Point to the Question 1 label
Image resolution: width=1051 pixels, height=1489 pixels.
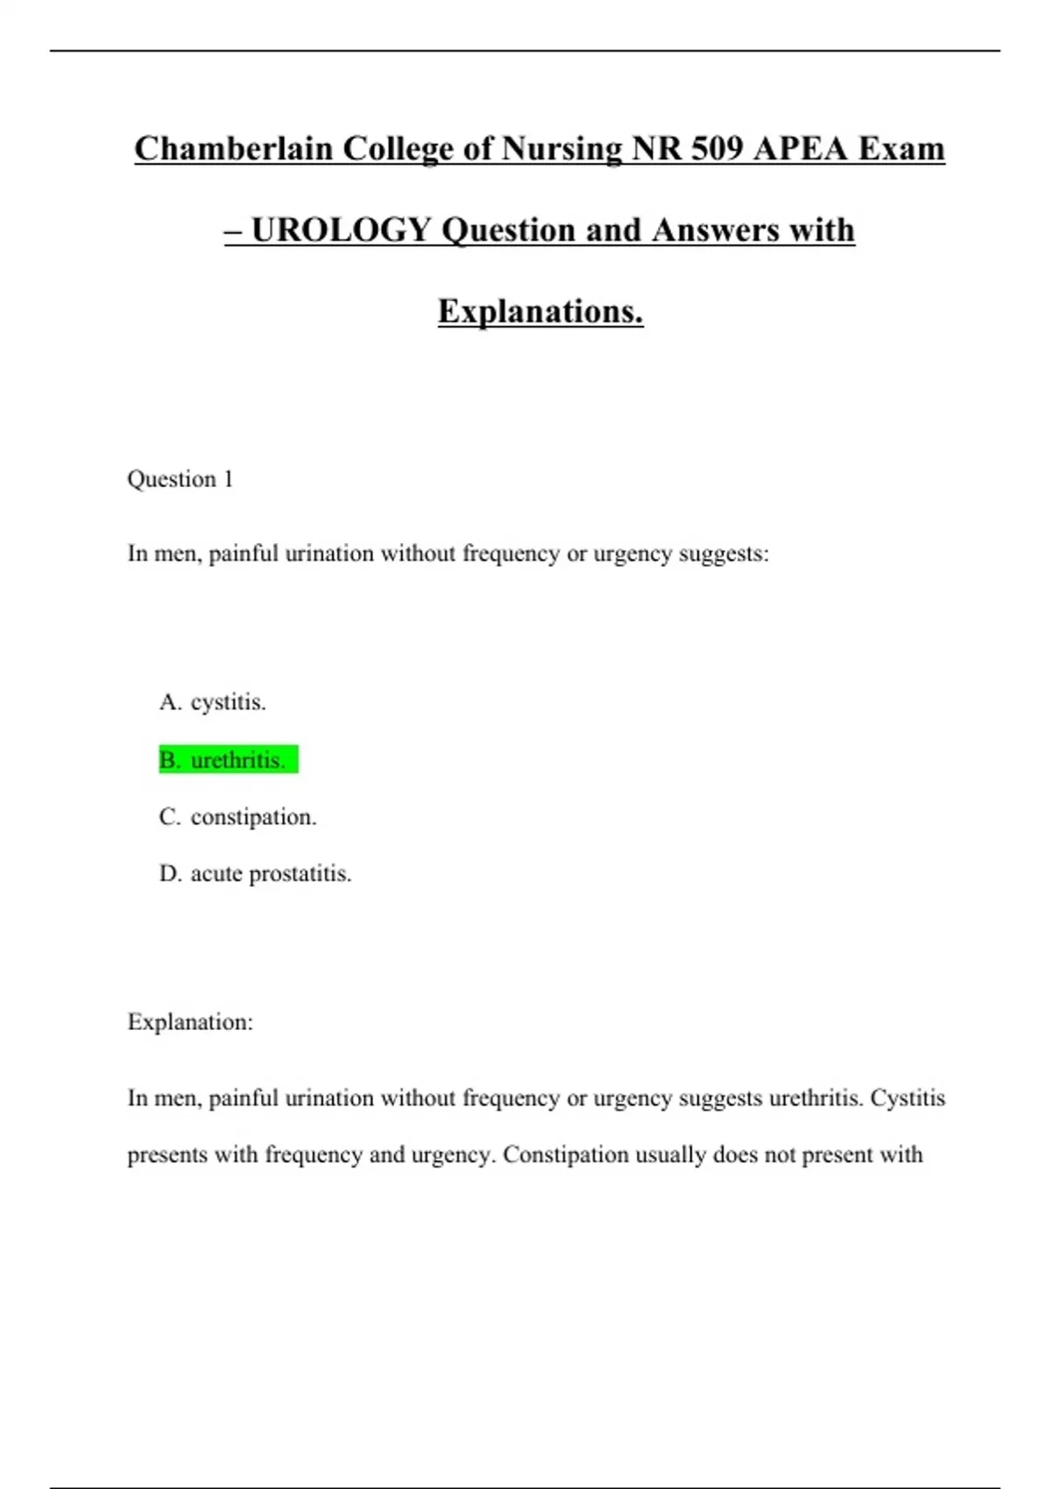click(x=180, y=479)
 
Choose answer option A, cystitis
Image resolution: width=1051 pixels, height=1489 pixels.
click(x=213, y=702)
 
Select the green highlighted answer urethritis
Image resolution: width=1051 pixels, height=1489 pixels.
click(x=228, y=760)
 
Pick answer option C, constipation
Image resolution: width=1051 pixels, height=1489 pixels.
click(x=237, y=817)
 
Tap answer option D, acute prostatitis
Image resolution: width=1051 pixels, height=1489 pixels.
click(x=255, y=874)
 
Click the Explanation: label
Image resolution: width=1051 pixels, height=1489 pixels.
click(x=190, y=1022)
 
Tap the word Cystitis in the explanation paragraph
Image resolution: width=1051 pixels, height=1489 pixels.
click(x=907, y=1098)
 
